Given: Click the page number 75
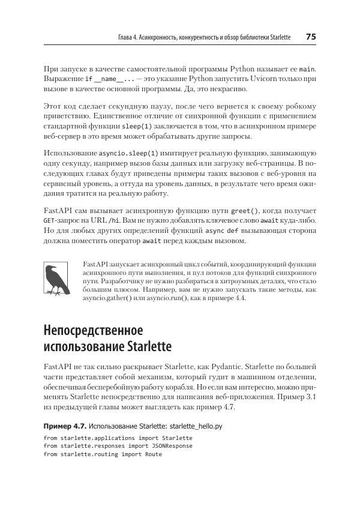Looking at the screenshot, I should [311, 37].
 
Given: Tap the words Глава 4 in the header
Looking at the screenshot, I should [129, 37].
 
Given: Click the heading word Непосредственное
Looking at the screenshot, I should [93, 331].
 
